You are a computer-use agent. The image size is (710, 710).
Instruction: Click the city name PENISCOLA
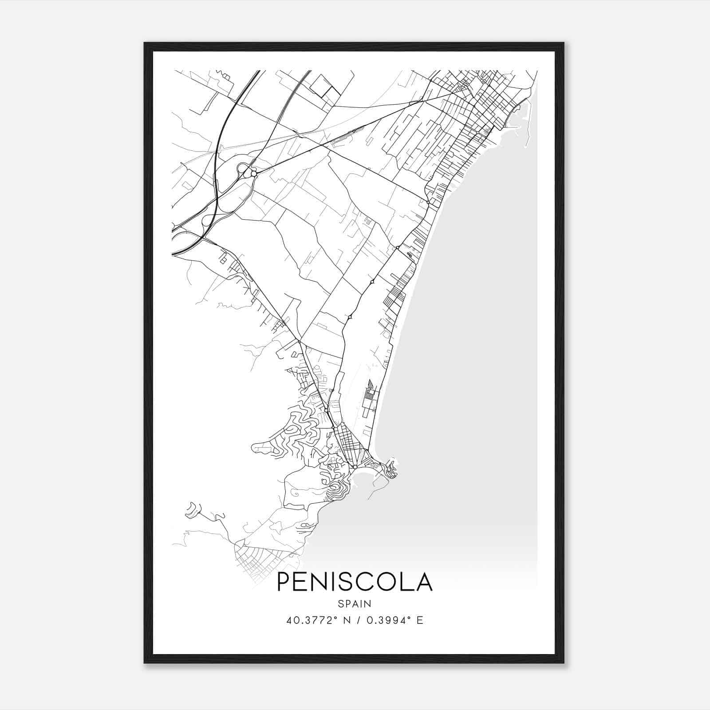click(355, 582)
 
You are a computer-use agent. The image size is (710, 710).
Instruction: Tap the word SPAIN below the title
click(355, 603)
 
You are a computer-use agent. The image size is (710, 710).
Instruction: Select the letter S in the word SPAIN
click(340, 603)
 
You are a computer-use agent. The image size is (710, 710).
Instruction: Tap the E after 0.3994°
click(420, 620)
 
